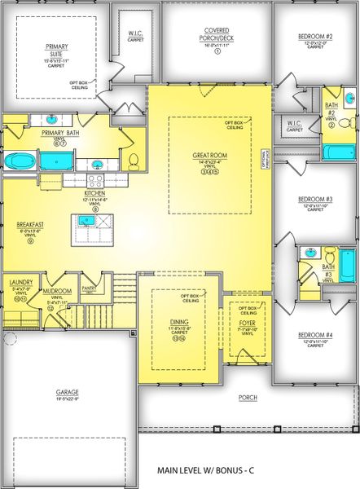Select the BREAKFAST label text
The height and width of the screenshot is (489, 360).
pos(29,224)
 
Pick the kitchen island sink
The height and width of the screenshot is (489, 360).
pos(85,219)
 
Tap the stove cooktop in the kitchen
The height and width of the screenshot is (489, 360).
pos(95,181)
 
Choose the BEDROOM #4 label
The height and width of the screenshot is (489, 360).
pos(314,336)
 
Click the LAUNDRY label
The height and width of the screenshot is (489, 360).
pos(20,283)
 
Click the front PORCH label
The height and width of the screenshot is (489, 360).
pos(248,399)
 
